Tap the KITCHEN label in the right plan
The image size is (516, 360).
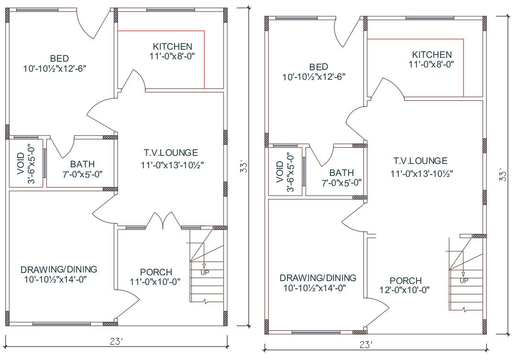pyautogui.click(x=432, y=55)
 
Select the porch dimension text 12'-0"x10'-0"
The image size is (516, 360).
pyautogui.click(x=405, y=290)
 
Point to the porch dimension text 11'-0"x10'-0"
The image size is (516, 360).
pyautogui.click(x=155, y=282)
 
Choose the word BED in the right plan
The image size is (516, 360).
pyautogui.click(x=318, y=67)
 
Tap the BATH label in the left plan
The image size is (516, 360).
pyautogui.click(x=82, y=164)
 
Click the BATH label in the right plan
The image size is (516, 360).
pyautogui.click(x=341, y=173)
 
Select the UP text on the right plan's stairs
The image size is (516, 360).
pyautogui.click(x=464, y=281)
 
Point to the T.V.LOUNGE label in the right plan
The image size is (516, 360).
pyautogui.click(x=420, y=161)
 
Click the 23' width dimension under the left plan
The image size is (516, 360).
pyautogui.click(x=117, y=341)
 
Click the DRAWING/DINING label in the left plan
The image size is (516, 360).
pyautogui.click(x=59, y=269)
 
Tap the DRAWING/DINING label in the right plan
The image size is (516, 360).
pyautogui.click(x=318, y=278)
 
